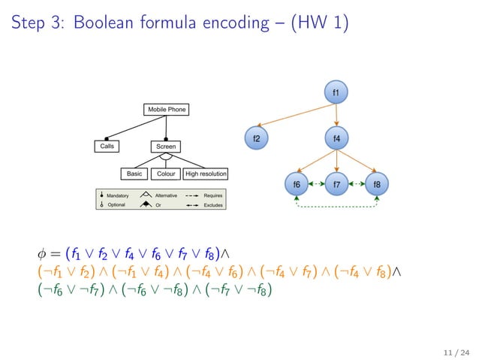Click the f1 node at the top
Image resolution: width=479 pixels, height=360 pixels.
tap(336, 92)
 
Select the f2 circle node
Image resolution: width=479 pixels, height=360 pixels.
tap(256, 138)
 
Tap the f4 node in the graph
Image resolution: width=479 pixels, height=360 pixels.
tap(336, 138)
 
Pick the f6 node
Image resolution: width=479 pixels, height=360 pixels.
tap(297, 183)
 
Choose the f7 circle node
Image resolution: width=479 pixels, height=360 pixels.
tap(336, 183)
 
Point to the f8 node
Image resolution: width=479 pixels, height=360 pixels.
tap(376, 183)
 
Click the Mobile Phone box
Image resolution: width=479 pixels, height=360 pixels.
tap(166, 110)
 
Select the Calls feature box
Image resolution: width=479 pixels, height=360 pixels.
tap(107, 146)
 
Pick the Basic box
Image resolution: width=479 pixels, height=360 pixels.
tap(134, 174)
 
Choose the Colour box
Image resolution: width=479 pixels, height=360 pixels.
tap(166, 174)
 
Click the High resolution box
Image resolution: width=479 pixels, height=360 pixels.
tap(205, 174)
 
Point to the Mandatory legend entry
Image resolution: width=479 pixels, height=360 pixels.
tap(117, 195)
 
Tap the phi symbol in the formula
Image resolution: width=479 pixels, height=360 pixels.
tap(41, 253)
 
